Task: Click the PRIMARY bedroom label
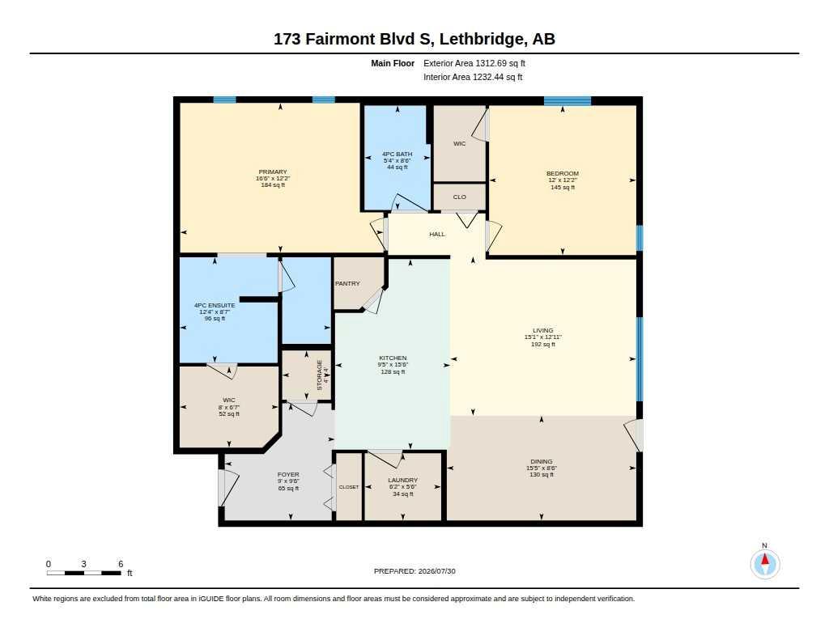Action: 273,172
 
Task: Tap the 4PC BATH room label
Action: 397,155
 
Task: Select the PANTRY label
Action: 347,284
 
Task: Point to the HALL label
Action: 437,234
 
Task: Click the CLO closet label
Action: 460,197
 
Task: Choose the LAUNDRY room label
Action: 403,481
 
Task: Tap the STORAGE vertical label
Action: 319,375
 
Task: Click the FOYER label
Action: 288,475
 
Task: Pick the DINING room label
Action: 542,461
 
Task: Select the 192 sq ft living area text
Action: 543,344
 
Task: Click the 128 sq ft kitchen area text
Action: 393,371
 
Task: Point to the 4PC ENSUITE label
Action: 215,306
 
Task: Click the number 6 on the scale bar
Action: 121,564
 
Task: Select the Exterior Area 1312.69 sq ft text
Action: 474,63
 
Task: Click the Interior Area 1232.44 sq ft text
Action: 473,77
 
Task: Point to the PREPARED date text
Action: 414,571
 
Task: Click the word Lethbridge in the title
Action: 483,39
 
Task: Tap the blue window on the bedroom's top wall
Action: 568,101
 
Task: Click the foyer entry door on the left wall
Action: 222,487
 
